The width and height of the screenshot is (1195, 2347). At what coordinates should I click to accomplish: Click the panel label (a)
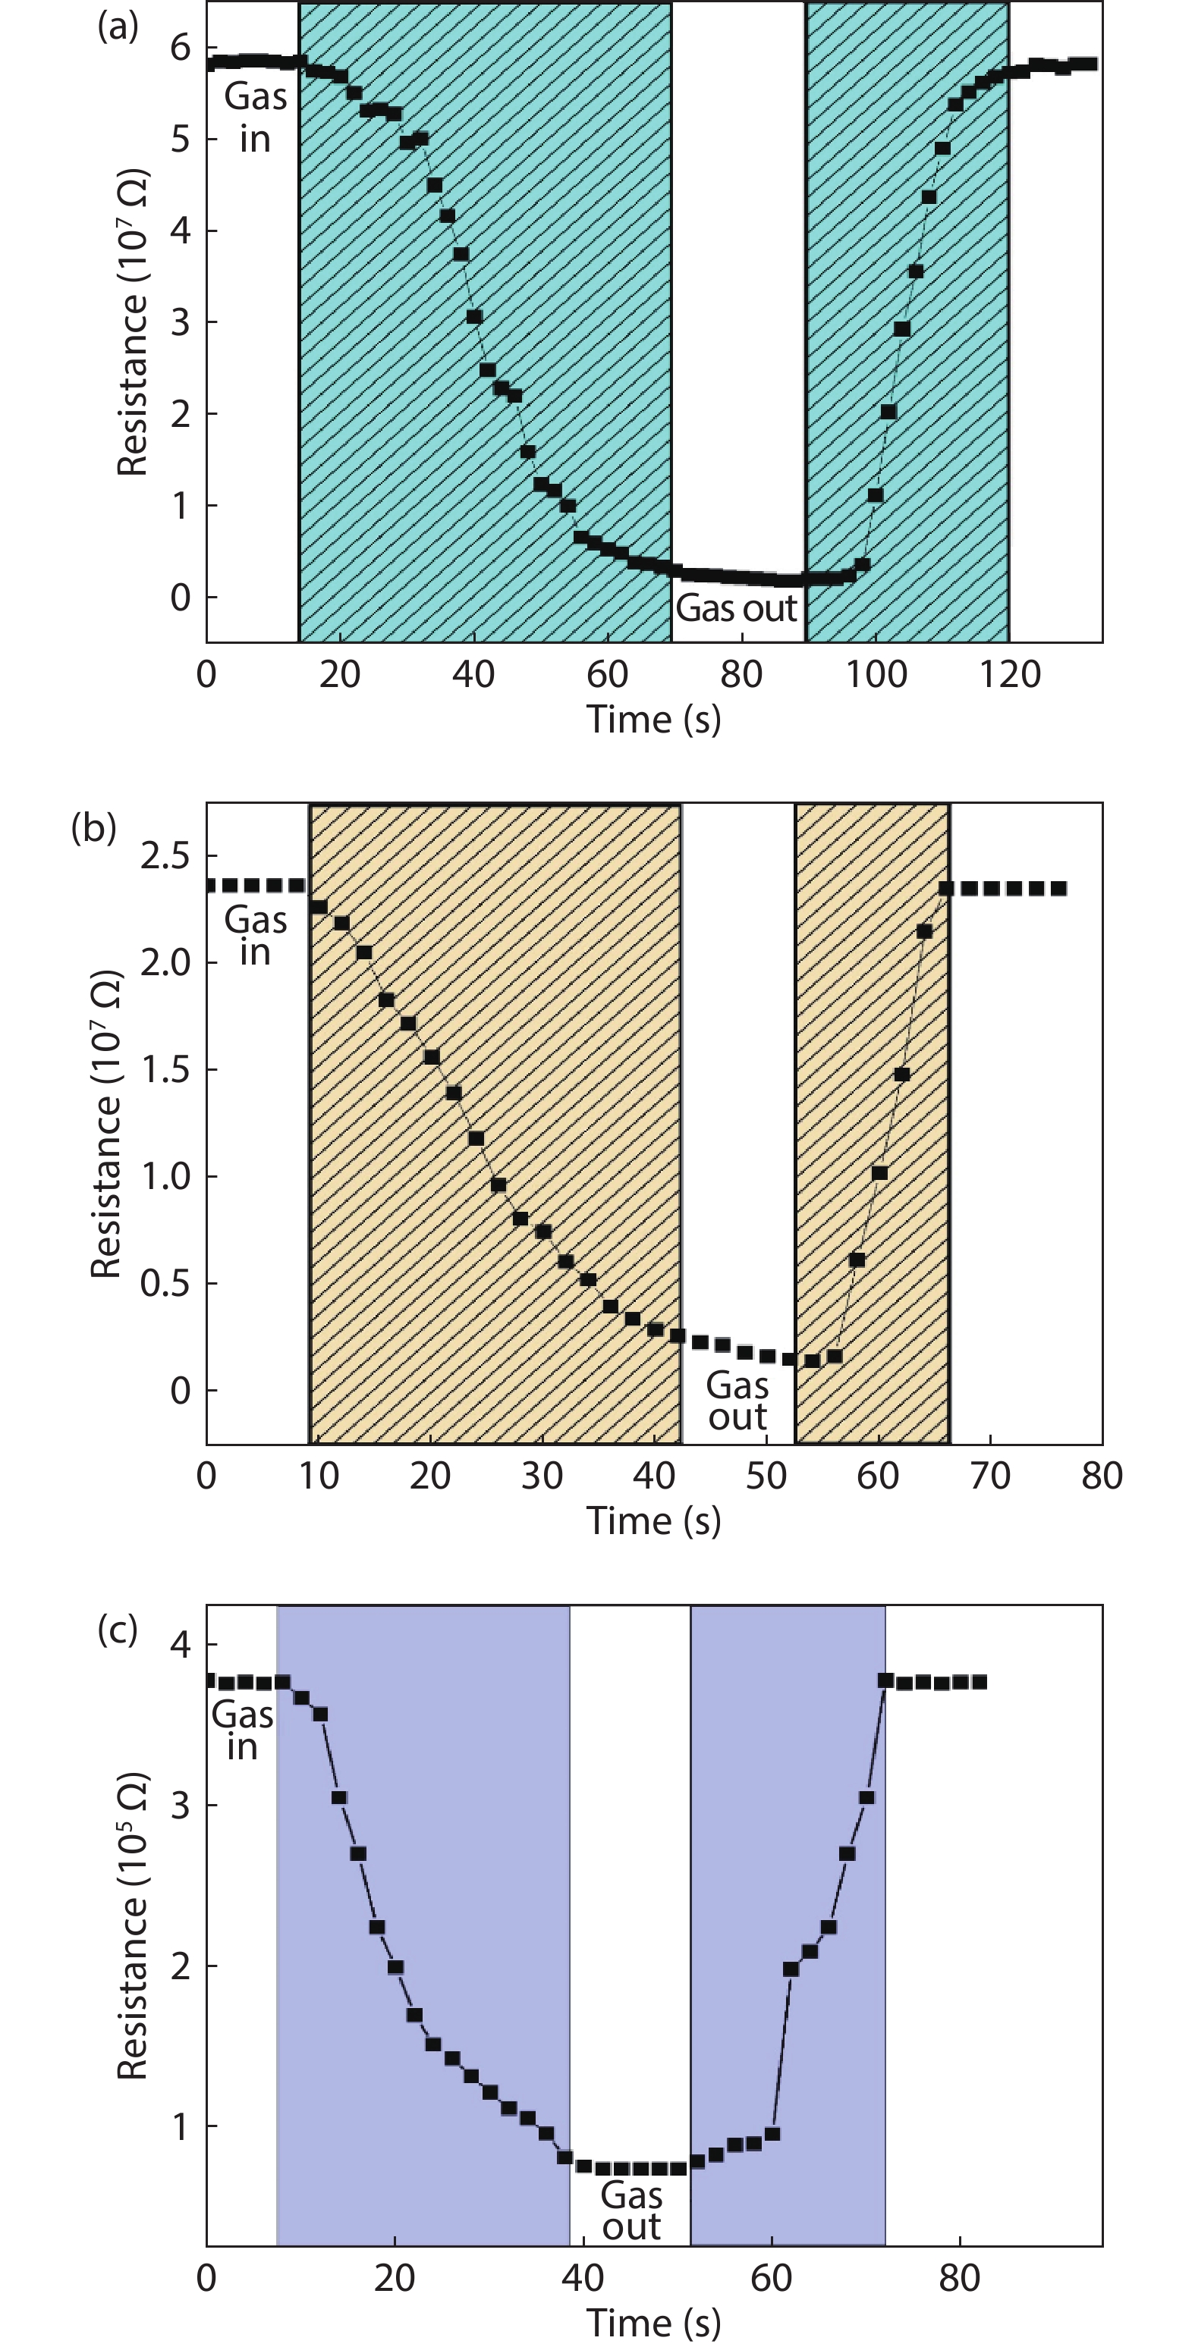click(118, 27)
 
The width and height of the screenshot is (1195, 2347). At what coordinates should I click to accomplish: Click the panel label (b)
click(94, 827)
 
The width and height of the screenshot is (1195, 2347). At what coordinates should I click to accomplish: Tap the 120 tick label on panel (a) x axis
click(1009, 675)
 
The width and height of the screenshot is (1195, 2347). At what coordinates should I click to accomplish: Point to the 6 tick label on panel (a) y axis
click(181, 47)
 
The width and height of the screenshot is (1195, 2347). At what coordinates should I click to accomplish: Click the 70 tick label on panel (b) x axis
click(990, 1476)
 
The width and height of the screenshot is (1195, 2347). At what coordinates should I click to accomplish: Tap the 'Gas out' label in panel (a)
click(737, 607)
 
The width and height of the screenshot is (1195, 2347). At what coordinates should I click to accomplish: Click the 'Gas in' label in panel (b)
click(255, 936)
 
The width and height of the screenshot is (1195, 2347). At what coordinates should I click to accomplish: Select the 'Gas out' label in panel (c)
click(631, 2211)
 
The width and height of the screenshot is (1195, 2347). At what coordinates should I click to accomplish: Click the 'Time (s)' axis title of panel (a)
click(653, 719)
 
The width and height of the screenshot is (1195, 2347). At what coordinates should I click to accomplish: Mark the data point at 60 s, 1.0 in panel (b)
click(879, 1172)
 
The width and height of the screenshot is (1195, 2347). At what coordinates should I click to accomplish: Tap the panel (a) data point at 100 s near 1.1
click(875, 494)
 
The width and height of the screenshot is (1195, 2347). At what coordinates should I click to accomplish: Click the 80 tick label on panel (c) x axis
click(960, 2279)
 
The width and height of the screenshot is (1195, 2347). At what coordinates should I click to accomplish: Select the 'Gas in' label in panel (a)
click(255, 118)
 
